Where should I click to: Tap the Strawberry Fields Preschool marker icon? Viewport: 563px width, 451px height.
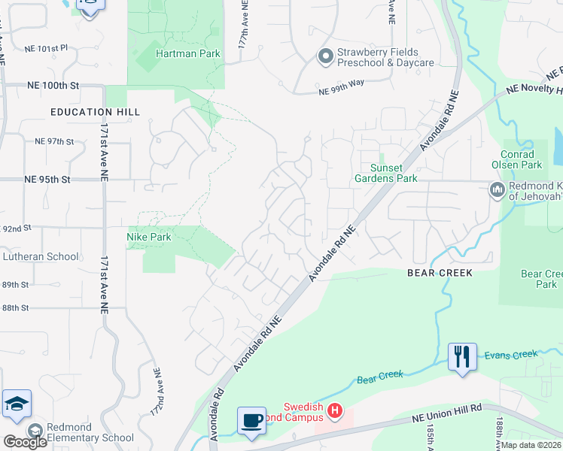[x=326, y=56]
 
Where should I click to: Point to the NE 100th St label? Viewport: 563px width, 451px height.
[x=53, y=86]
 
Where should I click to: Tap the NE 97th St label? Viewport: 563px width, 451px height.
[x=54, y=141]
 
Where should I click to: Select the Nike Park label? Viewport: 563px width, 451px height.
[x=148, y=237]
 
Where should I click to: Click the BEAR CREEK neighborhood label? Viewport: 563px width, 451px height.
[x=440, y=273]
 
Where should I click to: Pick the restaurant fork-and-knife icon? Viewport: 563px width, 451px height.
[x=462, y=356]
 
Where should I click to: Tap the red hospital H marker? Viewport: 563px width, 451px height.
[x=336, y=411]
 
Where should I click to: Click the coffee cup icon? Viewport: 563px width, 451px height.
[x=251, y=419]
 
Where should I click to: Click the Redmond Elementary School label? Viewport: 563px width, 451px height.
[x=90, y=432]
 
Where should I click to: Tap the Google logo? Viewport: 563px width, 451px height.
[x=25, y=442]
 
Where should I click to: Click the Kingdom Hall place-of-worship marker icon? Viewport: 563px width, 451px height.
[x=497, y=190]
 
